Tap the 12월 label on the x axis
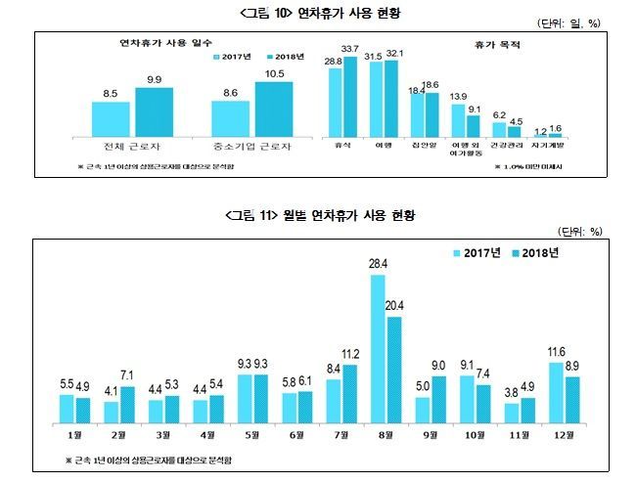pyautogui.click(x=564, y=435)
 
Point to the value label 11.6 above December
pyautogui.click(x=556, y=352)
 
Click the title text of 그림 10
pyautogui.click(x=318, y=13)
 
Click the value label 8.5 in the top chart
pyautogui.click(x=110, y=94)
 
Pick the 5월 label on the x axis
pyautogui.click(x=254, y=435)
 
